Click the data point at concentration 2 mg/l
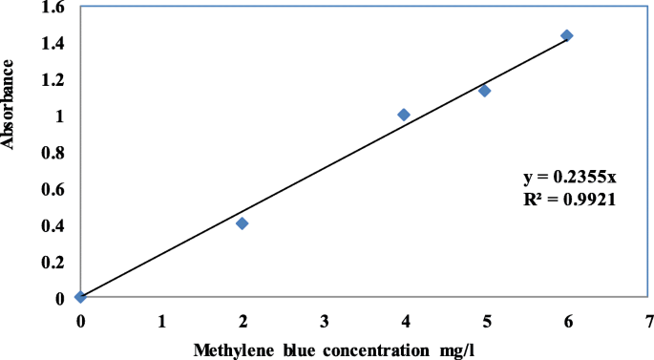point(243,223)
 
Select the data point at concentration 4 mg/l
point(404,115)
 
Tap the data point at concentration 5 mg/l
point(484,91)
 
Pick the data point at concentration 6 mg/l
point(566,35)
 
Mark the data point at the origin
point(80,297)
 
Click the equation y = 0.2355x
point(567,178)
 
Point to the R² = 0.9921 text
point(567,201)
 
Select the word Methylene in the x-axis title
point(230,349)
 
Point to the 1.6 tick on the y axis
point(54,8)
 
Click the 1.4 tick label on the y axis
point(54,44)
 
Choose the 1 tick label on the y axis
point(62,116)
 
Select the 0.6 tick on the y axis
point(54,189)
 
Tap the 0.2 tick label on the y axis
point(54,262)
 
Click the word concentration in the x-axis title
point(369,349)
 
